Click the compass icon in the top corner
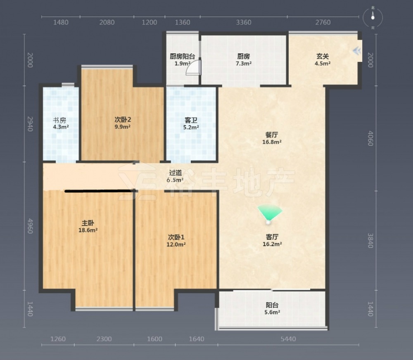pos(373,17)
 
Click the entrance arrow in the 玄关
pos(357,51)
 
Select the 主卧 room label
pos(88,223)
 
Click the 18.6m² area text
pos(88,230)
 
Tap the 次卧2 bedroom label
pos(123,120)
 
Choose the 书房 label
pos(59,121)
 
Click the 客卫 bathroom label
pos(191,121)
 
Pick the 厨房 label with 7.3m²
pos(243,56)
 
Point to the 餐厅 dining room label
pos(272,135)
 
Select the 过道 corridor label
pos(176,173)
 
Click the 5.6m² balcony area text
pos(272,313)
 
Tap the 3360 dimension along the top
pos(243,22)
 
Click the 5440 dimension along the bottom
pos(288,339)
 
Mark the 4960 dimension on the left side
pos(30,226)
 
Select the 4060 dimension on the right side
pos(370,138)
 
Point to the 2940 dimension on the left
pos(30,124)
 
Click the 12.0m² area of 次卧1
pos(176,244)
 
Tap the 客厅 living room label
pos(272,237)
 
